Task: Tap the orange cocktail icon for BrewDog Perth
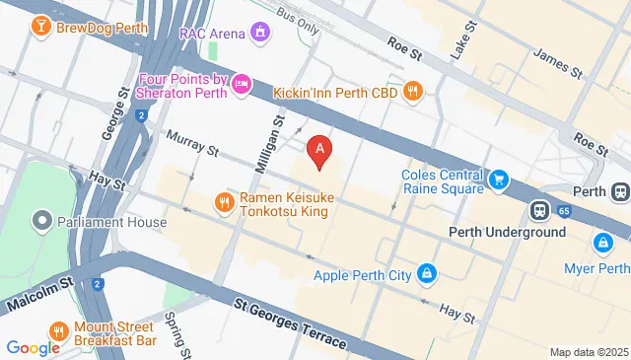coord(40,25)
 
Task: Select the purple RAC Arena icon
coord(260,34)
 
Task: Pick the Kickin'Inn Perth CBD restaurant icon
coord(413,90)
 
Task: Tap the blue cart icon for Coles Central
coord(499,180)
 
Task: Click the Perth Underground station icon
coord(540,210)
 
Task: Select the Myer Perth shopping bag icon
coord(601,242)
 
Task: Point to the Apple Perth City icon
coord(426,272)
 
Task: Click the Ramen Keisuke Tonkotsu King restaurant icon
coord(224,203)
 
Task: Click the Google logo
coord(33,347)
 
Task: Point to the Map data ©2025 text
coord(588,352)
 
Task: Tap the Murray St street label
coord(191,142)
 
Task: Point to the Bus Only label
coord(299,23)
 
